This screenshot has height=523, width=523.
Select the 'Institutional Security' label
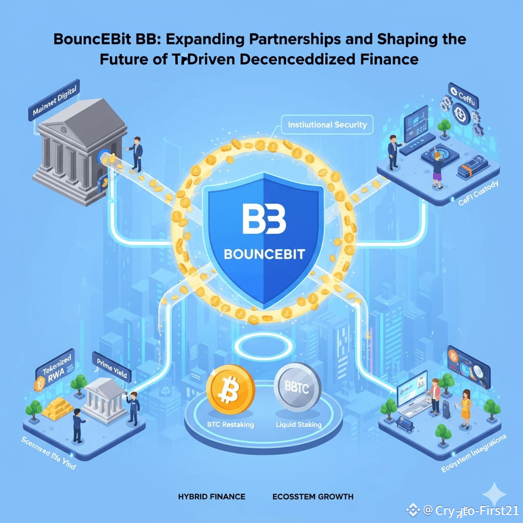[x=327, y=125]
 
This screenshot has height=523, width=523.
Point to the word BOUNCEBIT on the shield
[x=264, y=254]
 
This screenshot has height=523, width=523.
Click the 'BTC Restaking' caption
[x=230, y=424]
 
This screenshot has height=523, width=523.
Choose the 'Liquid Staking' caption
[x=298, y=424]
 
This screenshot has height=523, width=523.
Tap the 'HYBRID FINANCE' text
[x=211, y=496]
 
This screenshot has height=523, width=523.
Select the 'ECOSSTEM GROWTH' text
[x=313, y=496]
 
